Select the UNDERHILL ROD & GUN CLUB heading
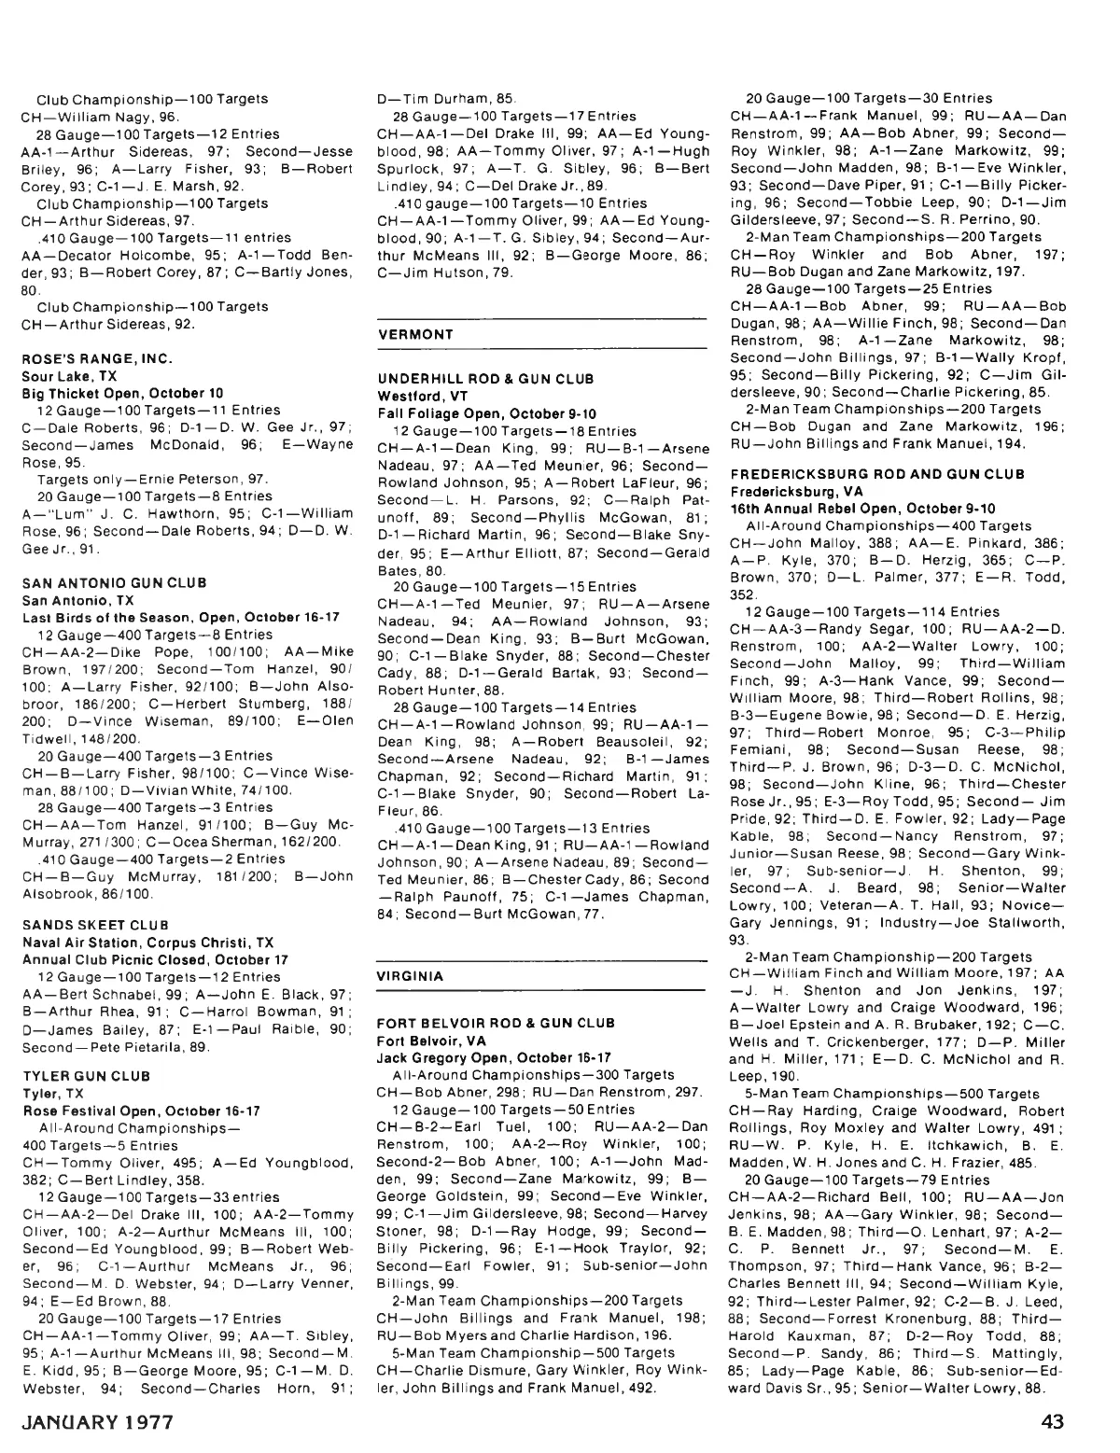(484, 379)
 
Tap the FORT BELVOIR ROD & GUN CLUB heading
(496, 1023)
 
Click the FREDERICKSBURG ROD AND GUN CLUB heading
(877, 474)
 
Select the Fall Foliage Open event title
(486, 413)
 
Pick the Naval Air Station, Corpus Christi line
(147, 943)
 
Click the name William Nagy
(107, 117)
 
